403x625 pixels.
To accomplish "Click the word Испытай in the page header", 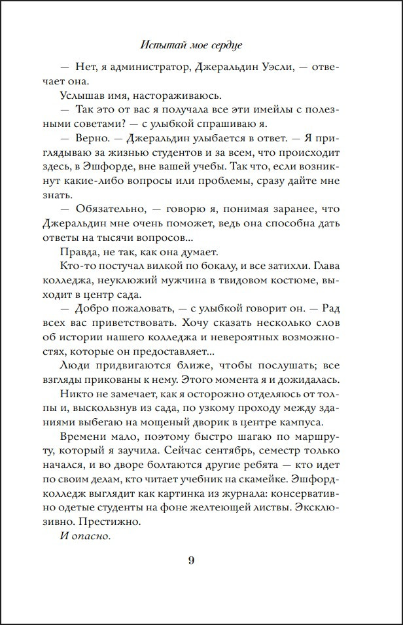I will point(161,46).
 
